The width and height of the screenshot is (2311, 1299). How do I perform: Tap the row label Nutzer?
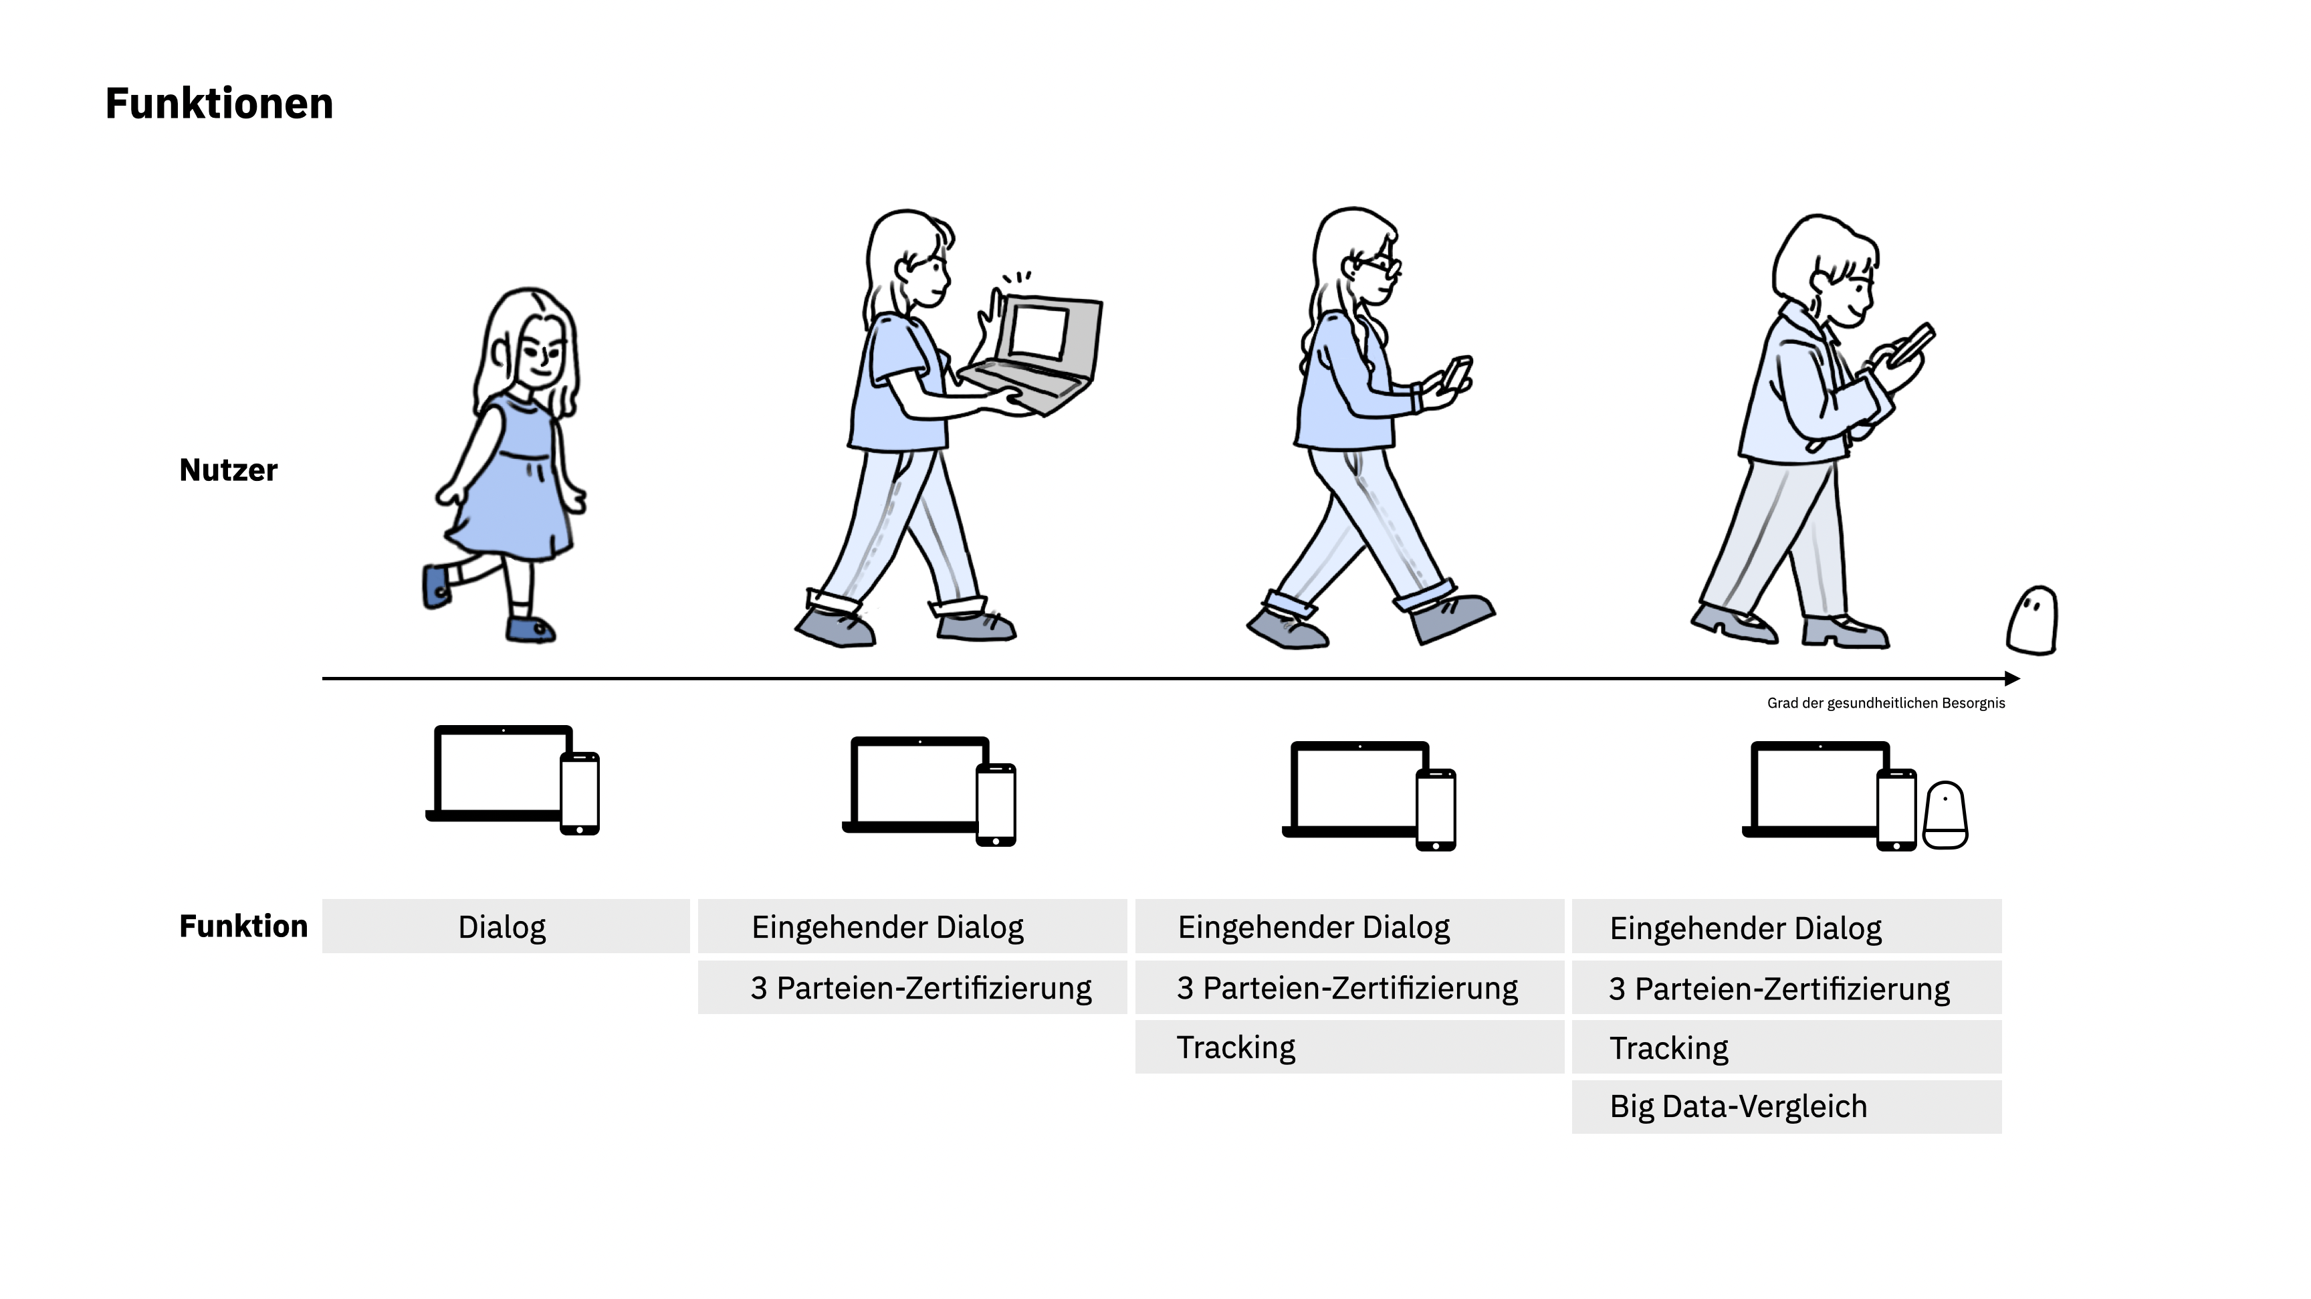(228, 470)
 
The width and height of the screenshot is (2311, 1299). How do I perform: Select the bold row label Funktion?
(243, 926)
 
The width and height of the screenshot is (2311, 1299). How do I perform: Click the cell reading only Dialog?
(502, 926)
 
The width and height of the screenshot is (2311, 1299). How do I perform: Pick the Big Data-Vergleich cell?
(1785, 1107)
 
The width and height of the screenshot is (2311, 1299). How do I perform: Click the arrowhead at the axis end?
(2012, 679)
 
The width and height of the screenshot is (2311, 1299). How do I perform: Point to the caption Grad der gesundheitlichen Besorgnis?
(1886, 703)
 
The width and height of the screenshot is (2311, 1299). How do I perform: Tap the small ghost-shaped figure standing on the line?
(2032, 621)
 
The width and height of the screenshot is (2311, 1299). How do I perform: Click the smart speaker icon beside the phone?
(1945, 815)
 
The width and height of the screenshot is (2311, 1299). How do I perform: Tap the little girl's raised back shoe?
(436, 587)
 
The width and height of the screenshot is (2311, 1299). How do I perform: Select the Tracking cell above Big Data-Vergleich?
(1785, 1047)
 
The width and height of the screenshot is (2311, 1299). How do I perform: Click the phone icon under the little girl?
(580, 794)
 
